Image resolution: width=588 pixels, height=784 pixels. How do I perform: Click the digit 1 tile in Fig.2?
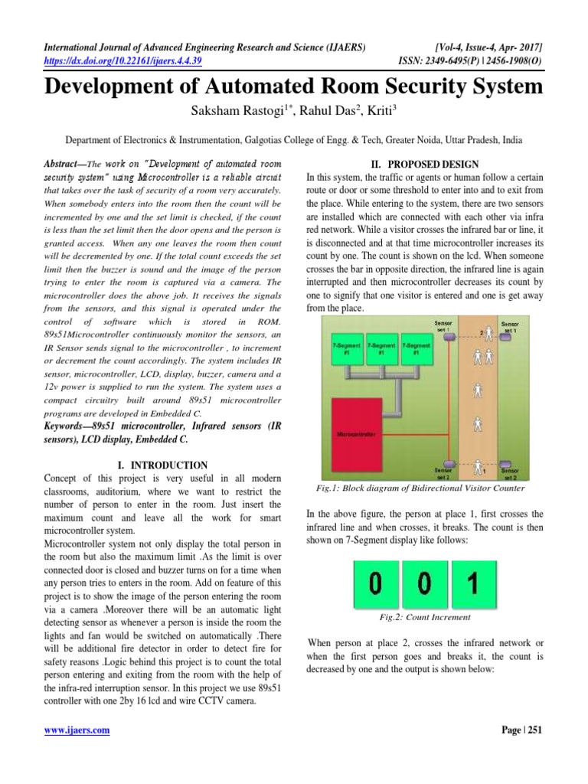pyautogui.click(x=472, y=585)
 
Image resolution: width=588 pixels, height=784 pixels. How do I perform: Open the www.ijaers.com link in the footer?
pyautogui.click(x=77, y=730)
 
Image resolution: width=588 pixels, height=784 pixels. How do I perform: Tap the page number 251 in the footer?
pyautogui.click(x=531, y=730)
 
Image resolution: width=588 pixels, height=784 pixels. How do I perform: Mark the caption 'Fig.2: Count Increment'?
pyautogui.click(x=423, y=616)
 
